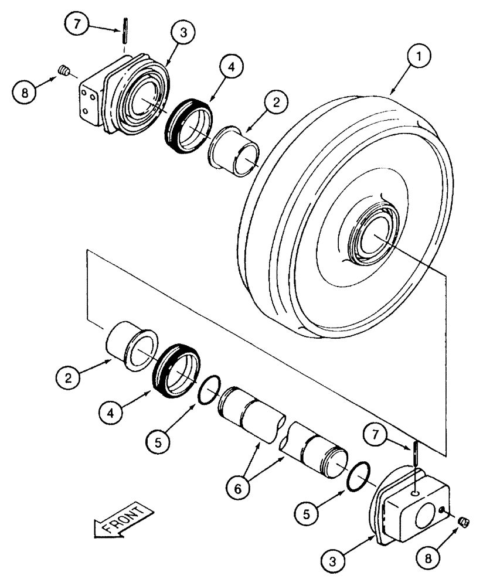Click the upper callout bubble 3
pyautogui.click(x=184, y=33)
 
